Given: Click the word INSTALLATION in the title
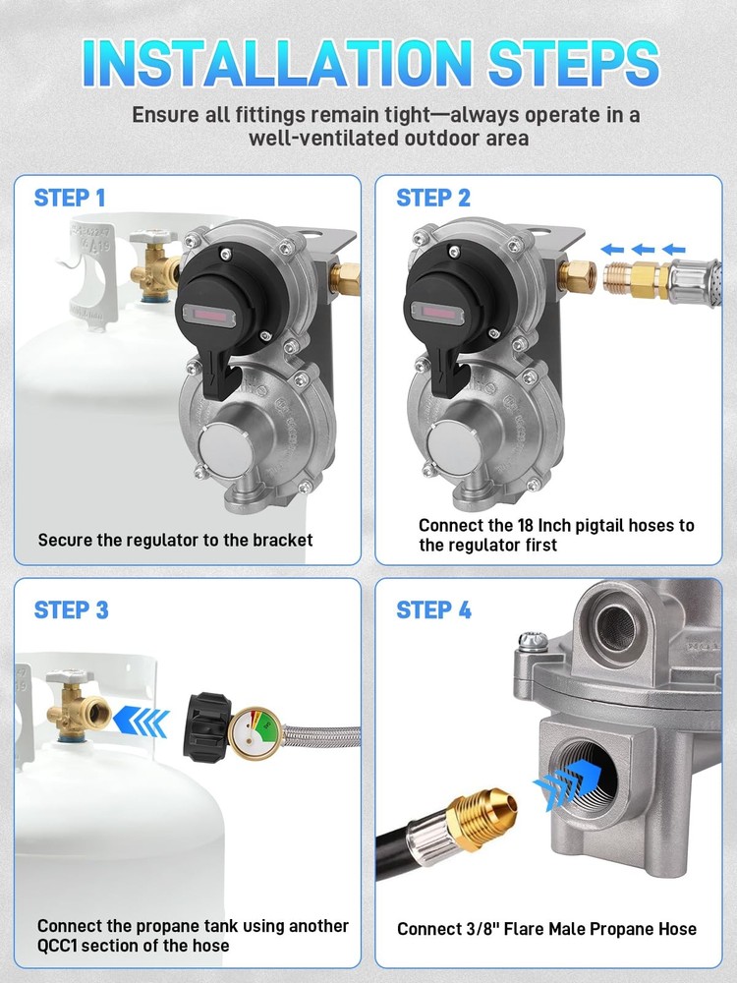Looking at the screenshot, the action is point(277,63).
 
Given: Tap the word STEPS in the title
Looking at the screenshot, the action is point(574,63).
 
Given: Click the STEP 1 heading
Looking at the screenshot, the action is point(70,199).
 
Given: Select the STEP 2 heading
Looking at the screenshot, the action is point(433,199).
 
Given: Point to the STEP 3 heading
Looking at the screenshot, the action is point(72,610).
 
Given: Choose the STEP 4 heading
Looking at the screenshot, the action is point(433,610).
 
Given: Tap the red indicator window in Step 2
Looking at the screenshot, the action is point(437,313).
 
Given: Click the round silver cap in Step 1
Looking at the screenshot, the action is point(223,451).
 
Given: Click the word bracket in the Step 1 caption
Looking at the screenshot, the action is point(282,541).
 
